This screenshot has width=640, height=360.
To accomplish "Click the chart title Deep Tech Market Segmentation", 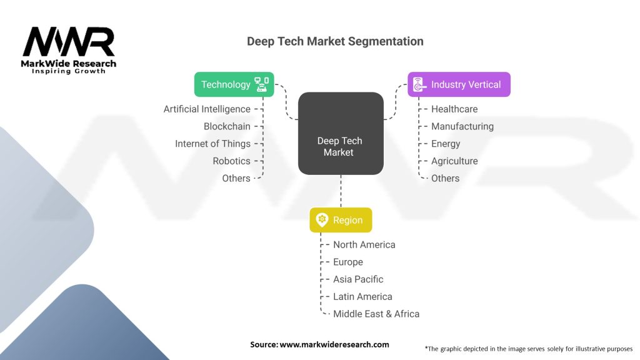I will coord(335,42).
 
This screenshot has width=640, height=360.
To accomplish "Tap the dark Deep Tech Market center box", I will coord(341,133).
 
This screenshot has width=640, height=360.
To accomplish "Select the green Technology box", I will coord(234,84).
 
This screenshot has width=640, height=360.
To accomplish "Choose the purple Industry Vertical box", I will coord(459,84).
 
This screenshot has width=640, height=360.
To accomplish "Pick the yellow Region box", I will coord(341,220).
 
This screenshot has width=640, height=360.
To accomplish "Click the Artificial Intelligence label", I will coord(207,109).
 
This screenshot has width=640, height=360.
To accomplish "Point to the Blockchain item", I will coord(227,126).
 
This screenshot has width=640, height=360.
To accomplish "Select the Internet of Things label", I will coord(212,144).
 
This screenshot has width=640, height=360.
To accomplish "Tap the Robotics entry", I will coord(231,161).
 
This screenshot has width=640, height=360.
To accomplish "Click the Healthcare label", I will coord(454,109).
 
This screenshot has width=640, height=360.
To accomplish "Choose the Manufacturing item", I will coord(462,126).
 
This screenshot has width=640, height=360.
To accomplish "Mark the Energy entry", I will coord(446,144).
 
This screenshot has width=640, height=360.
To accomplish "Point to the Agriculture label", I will coord(454,161).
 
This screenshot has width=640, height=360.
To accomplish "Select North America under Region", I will coord(364,245).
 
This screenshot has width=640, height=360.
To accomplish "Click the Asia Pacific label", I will coord(358,279).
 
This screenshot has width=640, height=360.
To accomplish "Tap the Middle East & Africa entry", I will coord(376,314).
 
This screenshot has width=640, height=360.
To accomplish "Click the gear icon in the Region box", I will coord(322,220).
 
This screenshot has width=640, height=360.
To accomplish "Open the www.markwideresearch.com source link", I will coord(334,344).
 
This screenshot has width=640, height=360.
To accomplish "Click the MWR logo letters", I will coord(69,42).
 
